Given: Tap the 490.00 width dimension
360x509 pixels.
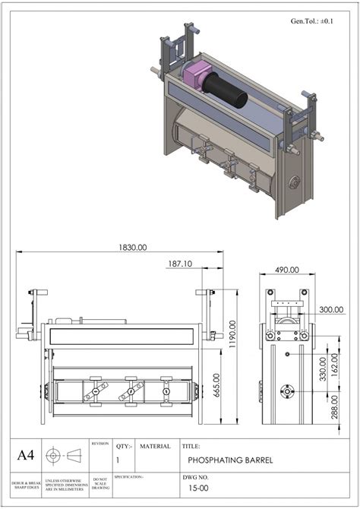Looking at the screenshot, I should [x=287, y=270].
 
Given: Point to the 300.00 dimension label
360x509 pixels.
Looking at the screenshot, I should [x=330, y=310].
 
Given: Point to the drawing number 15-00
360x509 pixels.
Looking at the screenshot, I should [x=199, y=491].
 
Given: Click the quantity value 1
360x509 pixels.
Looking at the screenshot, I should [x=118, y=460].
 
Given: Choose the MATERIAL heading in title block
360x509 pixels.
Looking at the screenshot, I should [x=155, y=447].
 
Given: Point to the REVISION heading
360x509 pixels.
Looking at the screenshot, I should [x=100, y=443].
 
